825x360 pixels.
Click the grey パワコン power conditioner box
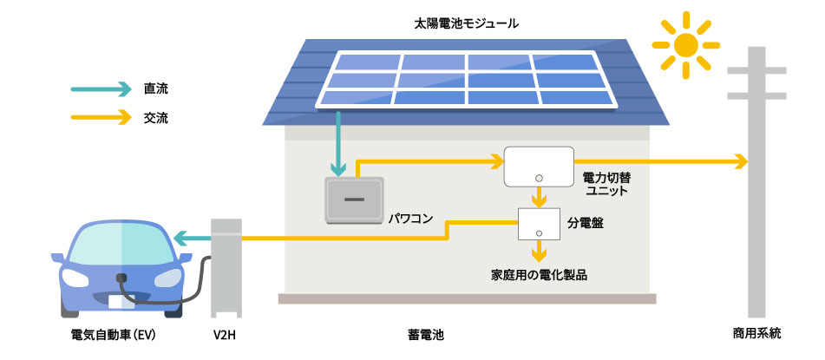pyautogui.click(x=353, y=200)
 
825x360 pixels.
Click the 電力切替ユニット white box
pyautogui.click(x=539, y=167)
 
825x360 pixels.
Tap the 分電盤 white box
pyautogui.click(x=539, y=225)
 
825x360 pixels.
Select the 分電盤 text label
pyautogui.click(x=586, y=223)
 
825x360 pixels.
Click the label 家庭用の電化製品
pyautogui.click(x=539, y=274)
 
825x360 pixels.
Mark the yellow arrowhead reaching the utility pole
pyautogui.click(x=740, y=161)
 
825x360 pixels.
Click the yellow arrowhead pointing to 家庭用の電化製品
pyautogui.click(x=539, y=255)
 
